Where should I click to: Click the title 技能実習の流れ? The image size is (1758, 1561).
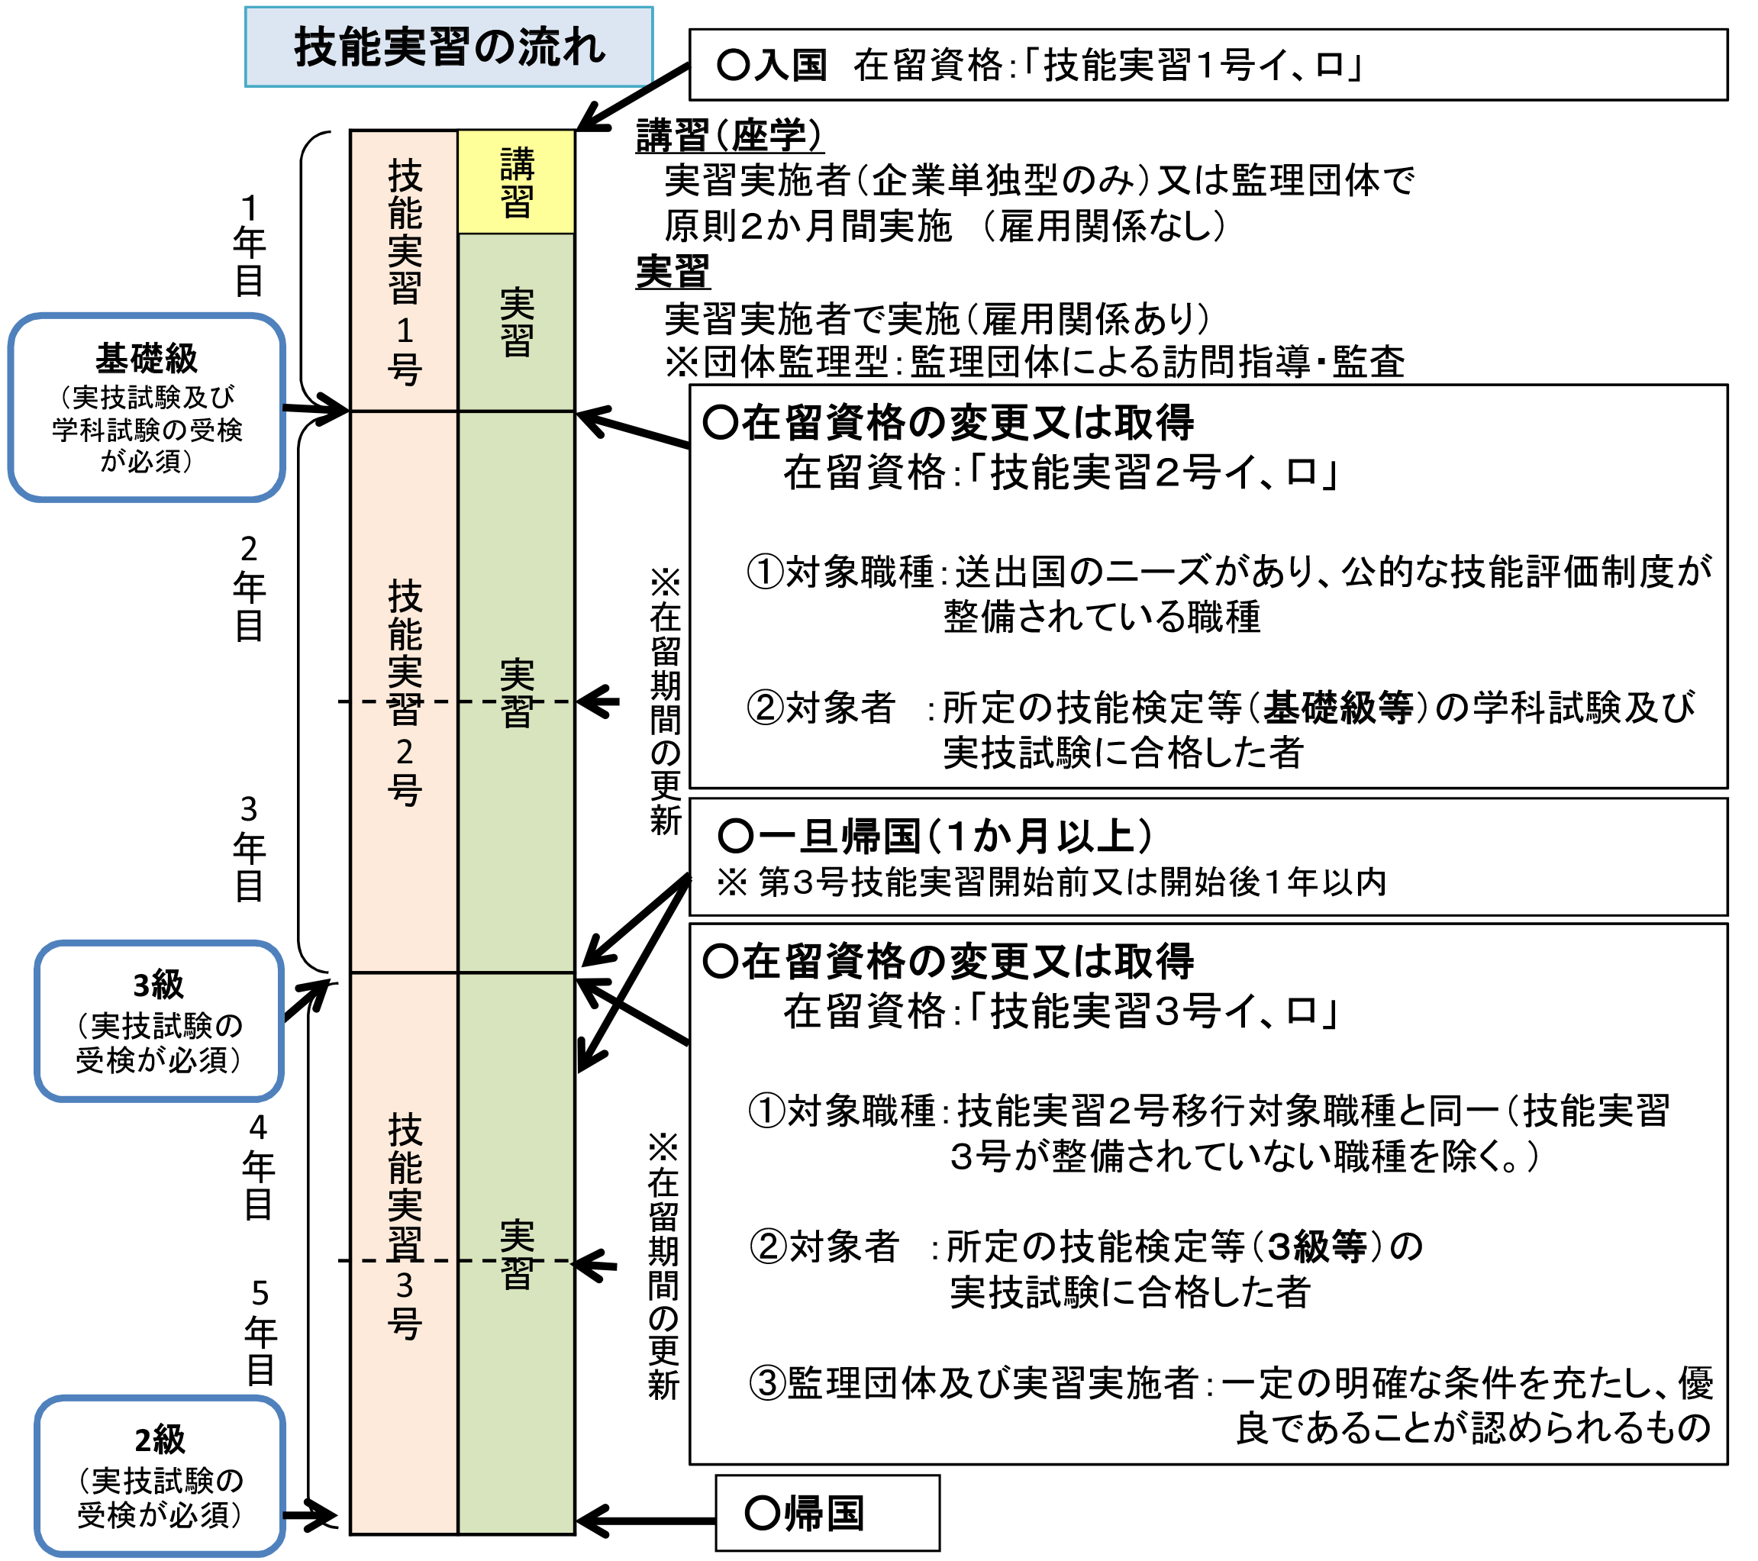pyautogui.click(x=449, y=47)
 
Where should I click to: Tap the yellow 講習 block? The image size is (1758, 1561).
pyautogui.click(x=516, y=182)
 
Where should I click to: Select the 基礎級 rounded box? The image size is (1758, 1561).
pyautogui.click(x=147, y=407)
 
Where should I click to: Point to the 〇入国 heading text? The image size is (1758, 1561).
pyautogui.click(x=772, y=66)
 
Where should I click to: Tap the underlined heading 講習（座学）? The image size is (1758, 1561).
pyautogui.click(x=729, y=136)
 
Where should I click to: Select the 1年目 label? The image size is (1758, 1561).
pyautogui.click(x=249, y=245)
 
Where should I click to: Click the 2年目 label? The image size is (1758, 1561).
pyautogui.click(x=249, y=588)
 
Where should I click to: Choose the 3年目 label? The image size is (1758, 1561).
pyautogui.click(x=249, y=848)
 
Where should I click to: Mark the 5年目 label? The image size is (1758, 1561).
pyautogui.click(x=260, y=1331)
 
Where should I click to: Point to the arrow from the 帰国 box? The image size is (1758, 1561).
pyautogui.click(x=645, y=1520)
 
